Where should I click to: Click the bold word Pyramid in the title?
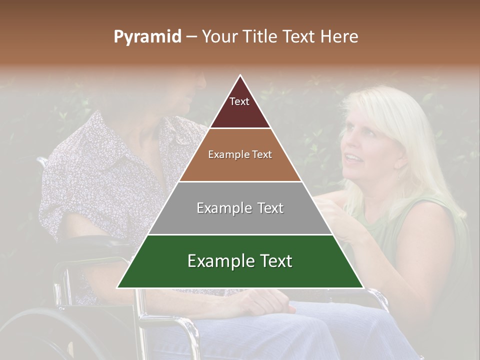[x=147, y=37]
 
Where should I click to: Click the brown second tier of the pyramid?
[x=240, y=167]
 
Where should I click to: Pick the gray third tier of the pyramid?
[x=240, y=220]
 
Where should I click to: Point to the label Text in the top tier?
[x=239, y=101]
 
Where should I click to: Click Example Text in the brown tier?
[x=240, y=154]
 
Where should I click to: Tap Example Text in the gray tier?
[x=240, y=208]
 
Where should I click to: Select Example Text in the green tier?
[x=240, y=261]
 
